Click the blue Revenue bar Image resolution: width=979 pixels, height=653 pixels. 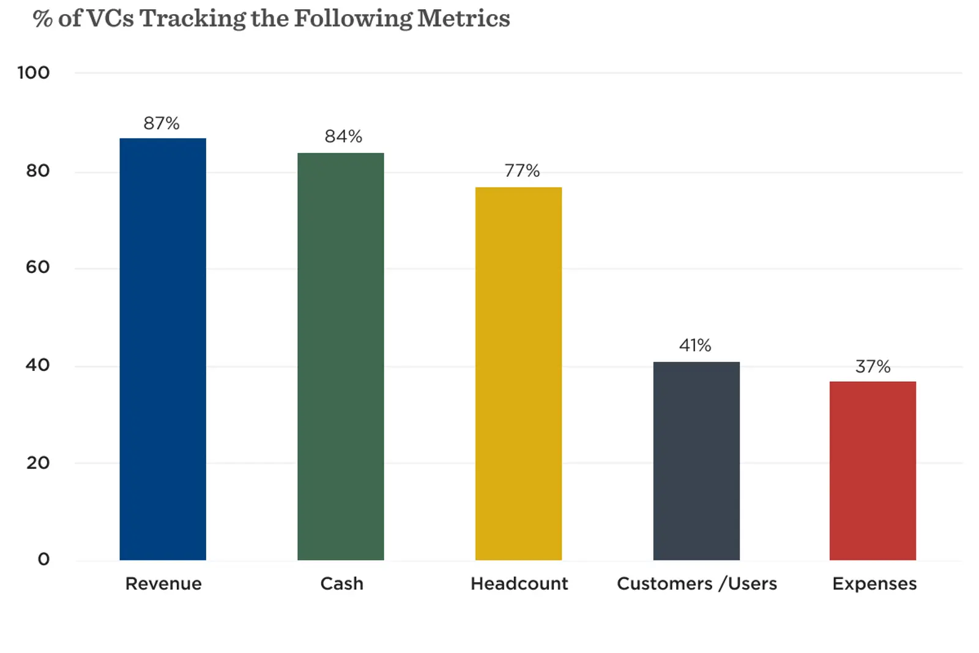pyautogui.click(x=163, y=349)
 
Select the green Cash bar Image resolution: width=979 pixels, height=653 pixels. pyautogui.click(x=341, y=356)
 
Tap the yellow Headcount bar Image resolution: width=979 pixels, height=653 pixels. pyautogui.click(x=518, y=373)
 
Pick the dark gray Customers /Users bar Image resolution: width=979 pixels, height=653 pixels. pyautogui.click(x=696, y=461)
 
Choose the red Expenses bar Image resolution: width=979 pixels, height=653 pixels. pyautogui.click(x=873, y=471)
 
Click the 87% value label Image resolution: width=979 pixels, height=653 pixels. pyautogui.click(x=162, y=124)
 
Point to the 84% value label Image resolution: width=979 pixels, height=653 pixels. pyautogui.click(x=343, y=136)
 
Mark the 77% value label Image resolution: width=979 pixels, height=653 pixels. pyautogui.click(x=522, y=171)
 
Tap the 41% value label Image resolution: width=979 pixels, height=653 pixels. pyautogui.click(x=695, y=346)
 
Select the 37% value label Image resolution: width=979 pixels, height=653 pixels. pyautogui.click(x=873, y=367)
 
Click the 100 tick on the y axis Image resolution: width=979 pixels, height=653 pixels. pyautogui.click(x=34, y=73)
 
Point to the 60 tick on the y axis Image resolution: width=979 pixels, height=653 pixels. pyautogui.click(x=38, y=267)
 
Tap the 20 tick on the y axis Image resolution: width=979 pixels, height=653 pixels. pyautogui.click(x=38, y=463)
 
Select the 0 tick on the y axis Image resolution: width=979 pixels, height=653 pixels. pyautogui.click(x=43, y=559)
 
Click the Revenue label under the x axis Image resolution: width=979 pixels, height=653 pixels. pyautogui.click(x=163, y=584)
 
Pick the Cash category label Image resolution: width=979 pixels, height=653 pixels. pyautogui.click(x=341, y=584)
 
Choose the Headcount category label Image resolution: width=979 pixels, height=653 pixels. pyautogui.click(x=519, y=584)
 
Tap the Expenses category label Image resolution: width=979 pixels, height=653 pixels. pyautogui.click(x=874, y=584)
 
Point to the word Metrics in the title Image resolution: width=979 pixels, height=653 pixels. pyautogui.click(x=463, y=18)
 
